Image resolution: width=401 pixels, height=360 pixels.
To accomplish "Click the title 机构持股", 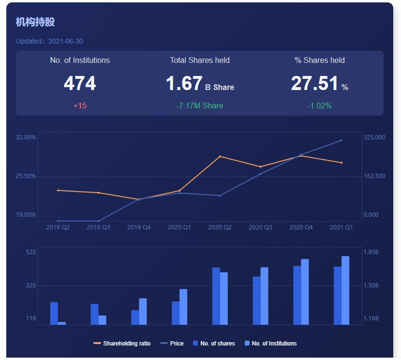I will (35, 22).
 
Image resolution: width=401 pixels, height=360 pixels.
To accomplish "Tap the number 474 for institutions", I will (80, 84).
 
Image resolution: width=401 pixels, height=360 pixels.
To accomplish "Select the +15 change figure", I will (80, 105).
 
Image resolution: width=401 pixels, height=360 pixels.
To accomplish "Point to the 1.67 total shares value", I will (184, 84).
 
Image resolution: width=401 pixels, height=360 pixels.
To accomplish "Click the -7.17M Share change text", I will (200, 105).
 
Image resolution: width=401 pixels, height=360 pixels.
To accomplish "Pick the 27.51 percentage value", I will (314, 84).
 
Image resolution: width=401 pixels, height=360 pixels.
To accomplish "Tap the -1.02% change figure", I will (320, 105).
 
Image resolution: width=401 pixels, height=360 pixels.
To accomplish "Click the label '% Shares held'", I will (320, 60).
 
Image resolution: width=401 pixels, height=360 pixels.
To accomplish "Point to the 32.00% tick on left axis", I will (26, 137).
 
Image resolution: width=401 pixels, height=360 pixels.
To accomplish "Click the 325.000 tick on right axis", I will (374, 137).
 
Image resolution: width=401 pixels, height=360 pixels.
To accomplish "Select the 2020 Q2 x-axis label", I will (220, 227).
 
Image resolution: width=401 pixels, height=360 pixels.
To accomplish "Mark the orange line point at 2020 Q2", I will (220, 156).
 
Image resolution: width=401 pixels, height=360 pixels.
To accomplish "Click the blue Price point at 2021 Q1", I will (342, 140).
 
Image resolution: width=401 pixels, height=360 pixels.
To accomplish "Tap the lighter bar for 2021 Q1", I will (345, 290).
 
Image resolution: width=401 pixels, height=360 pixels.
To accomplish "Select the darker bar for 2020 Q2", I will (216, 296).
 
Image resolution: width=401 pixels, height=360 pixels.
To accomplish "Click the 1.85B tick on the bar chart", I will (371, 252).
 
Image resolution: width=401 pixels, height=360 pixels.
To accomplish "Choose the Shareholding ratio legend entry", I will (122, 344).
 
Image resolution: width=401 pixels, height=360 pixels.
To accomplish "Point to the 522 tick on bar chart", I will (31, 252).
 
